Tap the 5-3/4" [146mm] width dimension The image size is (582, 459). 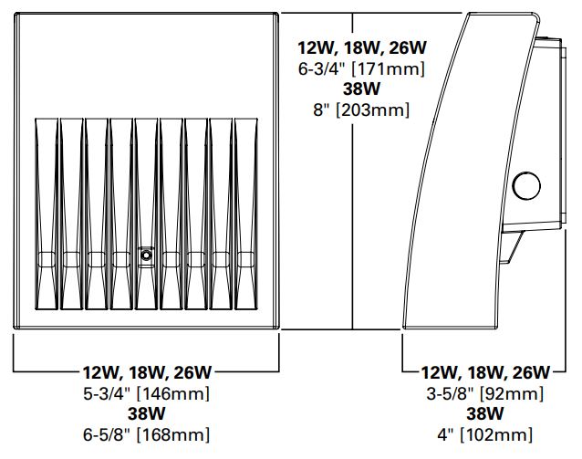[146, 394]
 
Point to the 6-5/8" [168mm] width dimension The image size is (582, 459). [146, 434]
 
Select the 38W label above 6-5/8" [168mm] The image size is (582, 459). [146, 414]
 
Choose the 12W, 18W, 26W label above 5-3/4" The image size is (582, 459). [146, 372]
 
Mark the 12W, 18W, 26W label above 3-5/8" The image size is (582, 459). [484, 372]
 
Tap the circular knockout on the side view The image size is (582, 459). [525, 187]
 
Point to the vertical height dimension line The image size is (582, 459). [353, 228]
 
